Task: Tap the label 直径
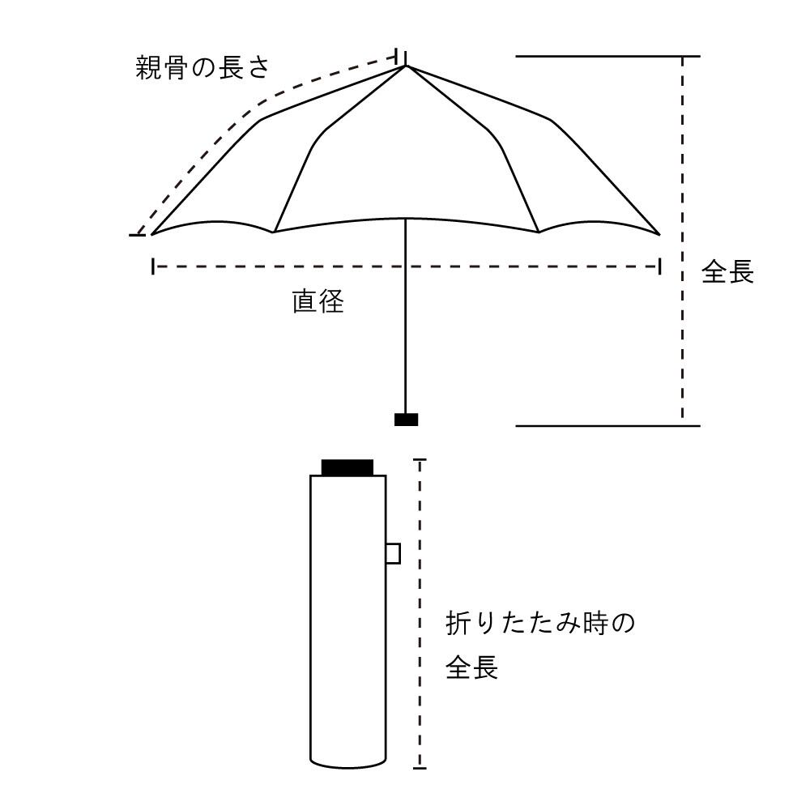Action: [x=318, y=302]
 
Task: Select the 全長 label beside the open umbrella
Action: [x=727, y=272]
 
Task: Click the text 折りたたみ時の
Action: [x=540, y=625]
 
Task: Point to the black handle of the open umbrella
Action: [x=406, y=419]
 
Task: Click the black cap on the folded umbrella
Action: [x=347, y=467]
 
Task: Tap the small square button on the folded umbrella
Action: [x=393, y=553]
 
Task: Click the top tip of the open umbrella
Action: [x=405, y=65]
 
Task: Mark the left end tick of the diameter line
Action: [x=152, y=266]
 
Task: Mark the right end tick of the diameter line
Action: [x=660, y=266]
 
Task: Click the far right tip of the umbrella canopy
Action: [x=659, y=234]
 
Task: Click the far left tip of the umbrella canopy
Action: [x=152, y=234]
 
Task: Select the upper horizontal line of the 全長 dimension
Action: [x=607, y=57]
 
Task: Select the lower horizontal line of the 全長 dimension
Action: [x=607, y=424]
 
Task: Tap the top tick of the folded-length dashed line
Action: [x=420, y=460]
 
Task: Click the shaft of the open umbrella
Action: [x=405, y=324]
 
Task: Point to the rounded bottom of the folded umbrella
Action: [x=348, y=762]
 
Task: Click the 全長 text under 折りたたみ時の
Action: [x=471, y=669]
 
